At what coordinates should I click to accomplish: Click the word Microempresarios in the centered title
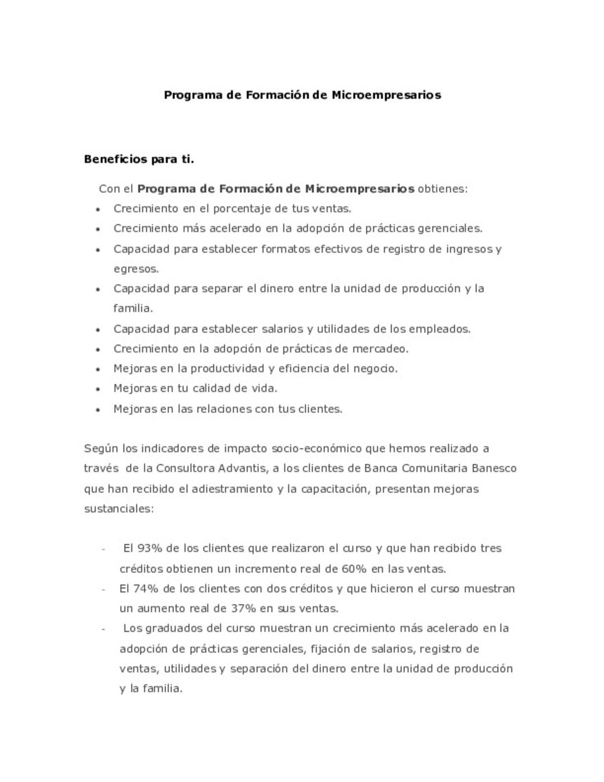tap(386, 95)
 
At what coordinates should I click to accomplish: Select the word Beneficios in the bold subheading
tap(115, 159)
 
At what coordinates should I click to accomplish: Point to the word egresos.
tap(136, 269)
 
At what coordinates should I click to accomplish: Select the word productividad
tap(227, 369)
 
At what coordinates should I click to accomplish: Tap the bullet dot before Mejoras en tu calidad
tap(98, 389)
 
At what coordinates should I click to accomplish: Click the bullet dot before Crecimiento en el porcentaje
tap(98, 210)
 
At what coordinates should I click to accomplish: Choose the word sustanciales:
tap(119, 509)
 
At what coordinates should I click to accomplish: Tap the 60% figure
tap(353, 569)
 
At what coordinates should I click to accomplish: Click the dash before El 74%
tap(103, 589)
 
